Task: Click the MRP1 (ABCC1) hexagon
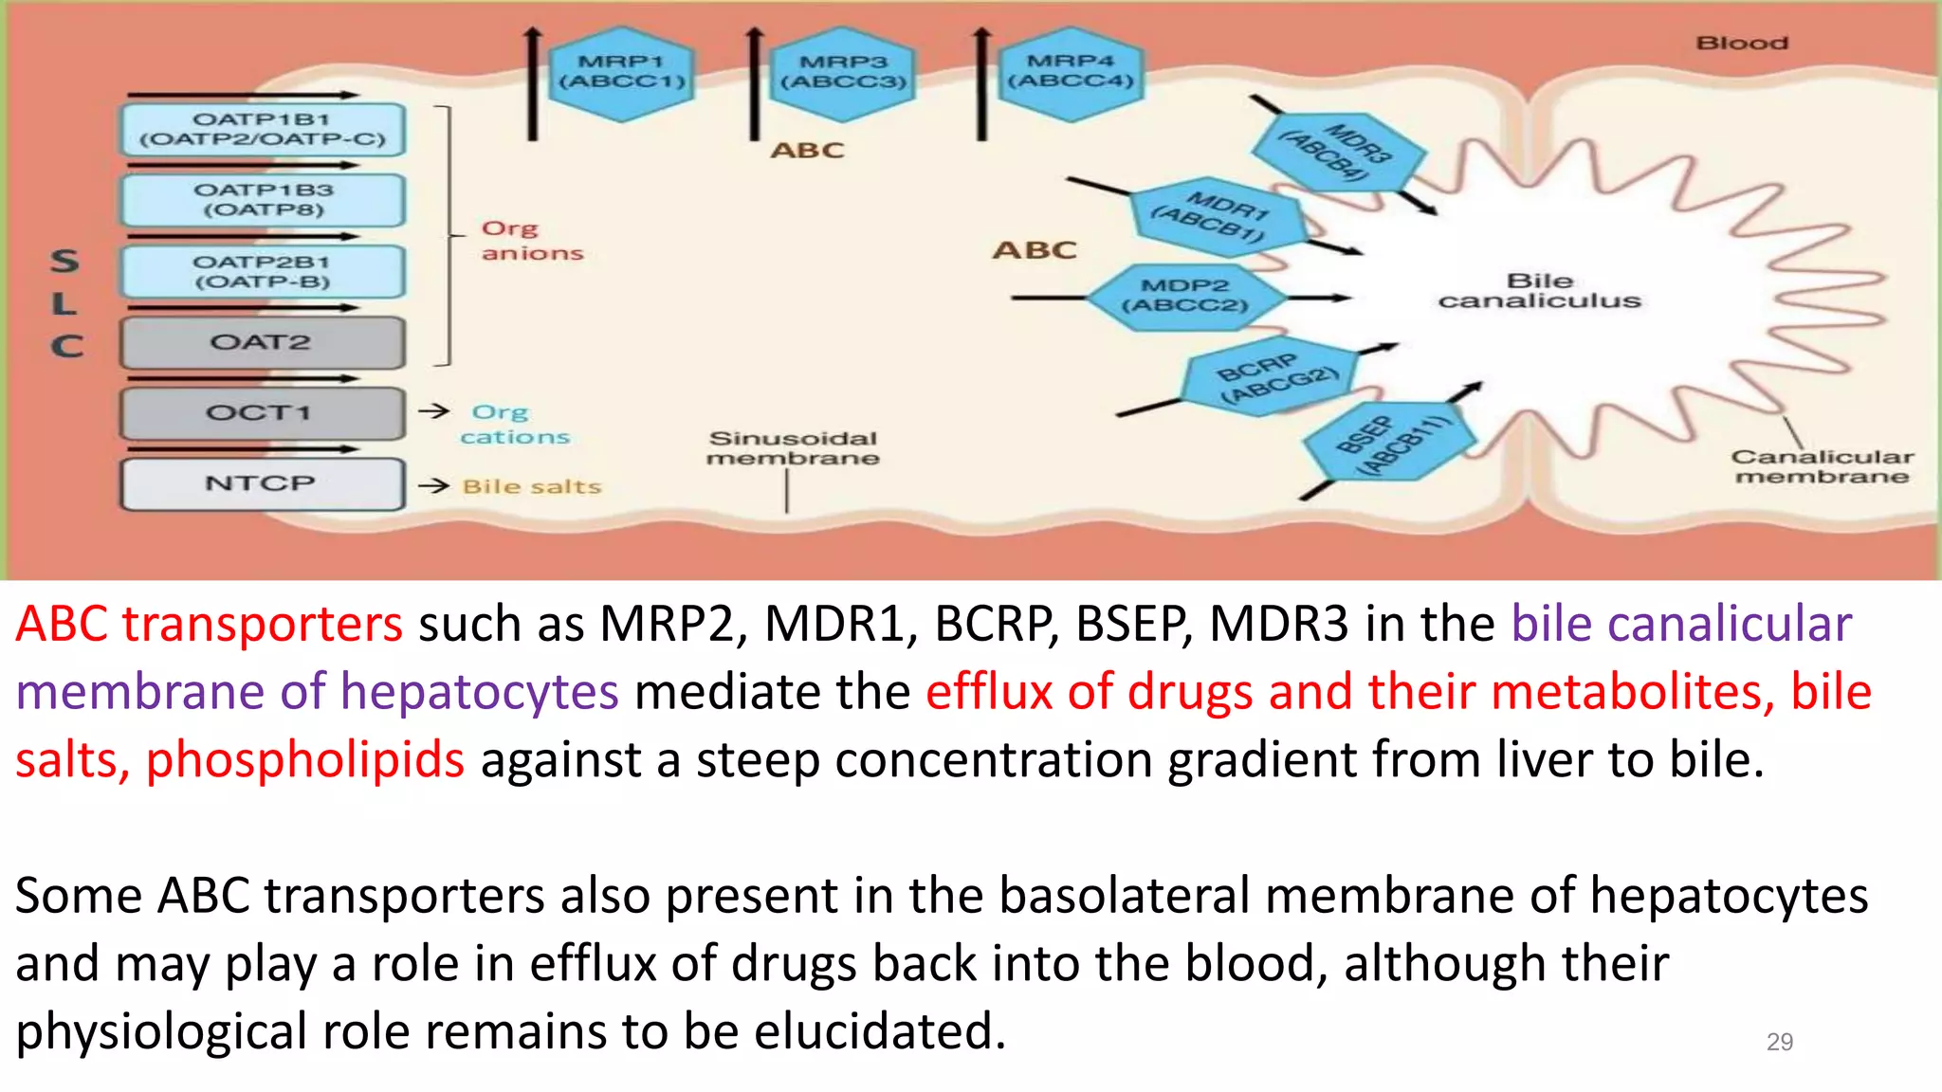click(x=622, y=73)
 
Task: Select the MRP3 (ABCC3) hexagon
click(x=843, y=73)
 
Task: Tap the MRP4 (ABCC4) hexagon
click(x=1071, y=72)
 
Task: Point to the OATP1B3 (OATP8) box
click(x=263, y=200)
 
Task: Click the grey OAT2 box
click(x=262, y=342)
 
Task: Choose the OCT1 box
click(x=262, y=413)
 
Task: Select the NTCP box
click(x=262, y=483)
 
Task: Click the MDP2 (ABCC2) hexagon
click(x=1184, y=297)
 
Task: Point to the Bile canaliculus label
click(x=1539, y=291)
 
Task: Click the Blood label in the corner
click(x=1741, y=44)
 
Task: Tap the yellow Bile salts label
click(x=532, y=486)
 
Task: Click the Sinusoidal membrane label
click(x=793, y=448)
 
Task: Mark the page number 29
click(x=1779, y=1042)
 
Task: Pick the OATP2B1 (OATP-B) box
click(x=263, y=272)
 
